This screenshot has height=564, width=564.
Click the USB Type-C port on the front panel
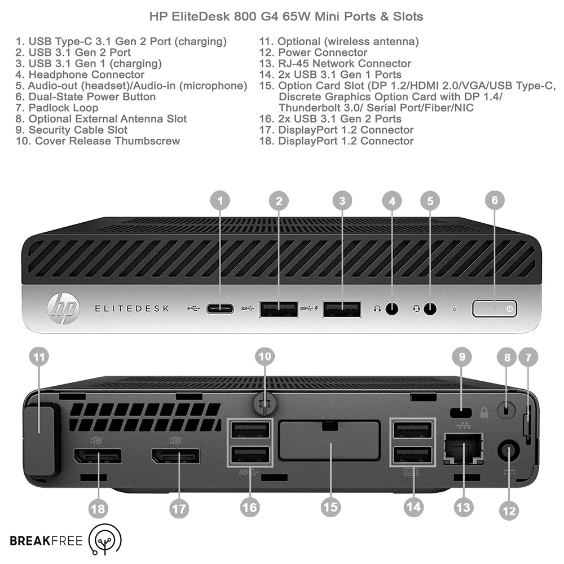click(x=220, y=309)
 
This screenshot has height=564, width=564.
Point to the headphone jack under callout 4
click(x=391, y=309)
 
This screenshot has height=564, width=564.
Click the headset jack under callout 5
click(x=430, y=309)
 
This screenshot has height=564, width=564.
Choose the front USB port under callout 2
click(x=279, y=309)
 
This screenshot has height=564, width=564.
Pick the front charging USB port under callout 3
click(x=342, y=309)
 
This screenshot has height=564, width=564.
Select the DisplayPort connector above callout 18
click(x=98, y=455)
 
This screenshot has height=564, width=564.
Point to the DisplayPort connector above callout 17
click(x=175, y=455)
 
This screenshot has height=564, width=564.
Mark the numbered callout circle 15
click(x=331, y=506)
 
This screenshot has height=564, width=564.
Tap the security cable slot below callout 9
click(x=462, y=412)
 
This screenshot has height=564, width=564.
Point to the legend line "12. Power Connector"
click(x=322, y=52)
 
